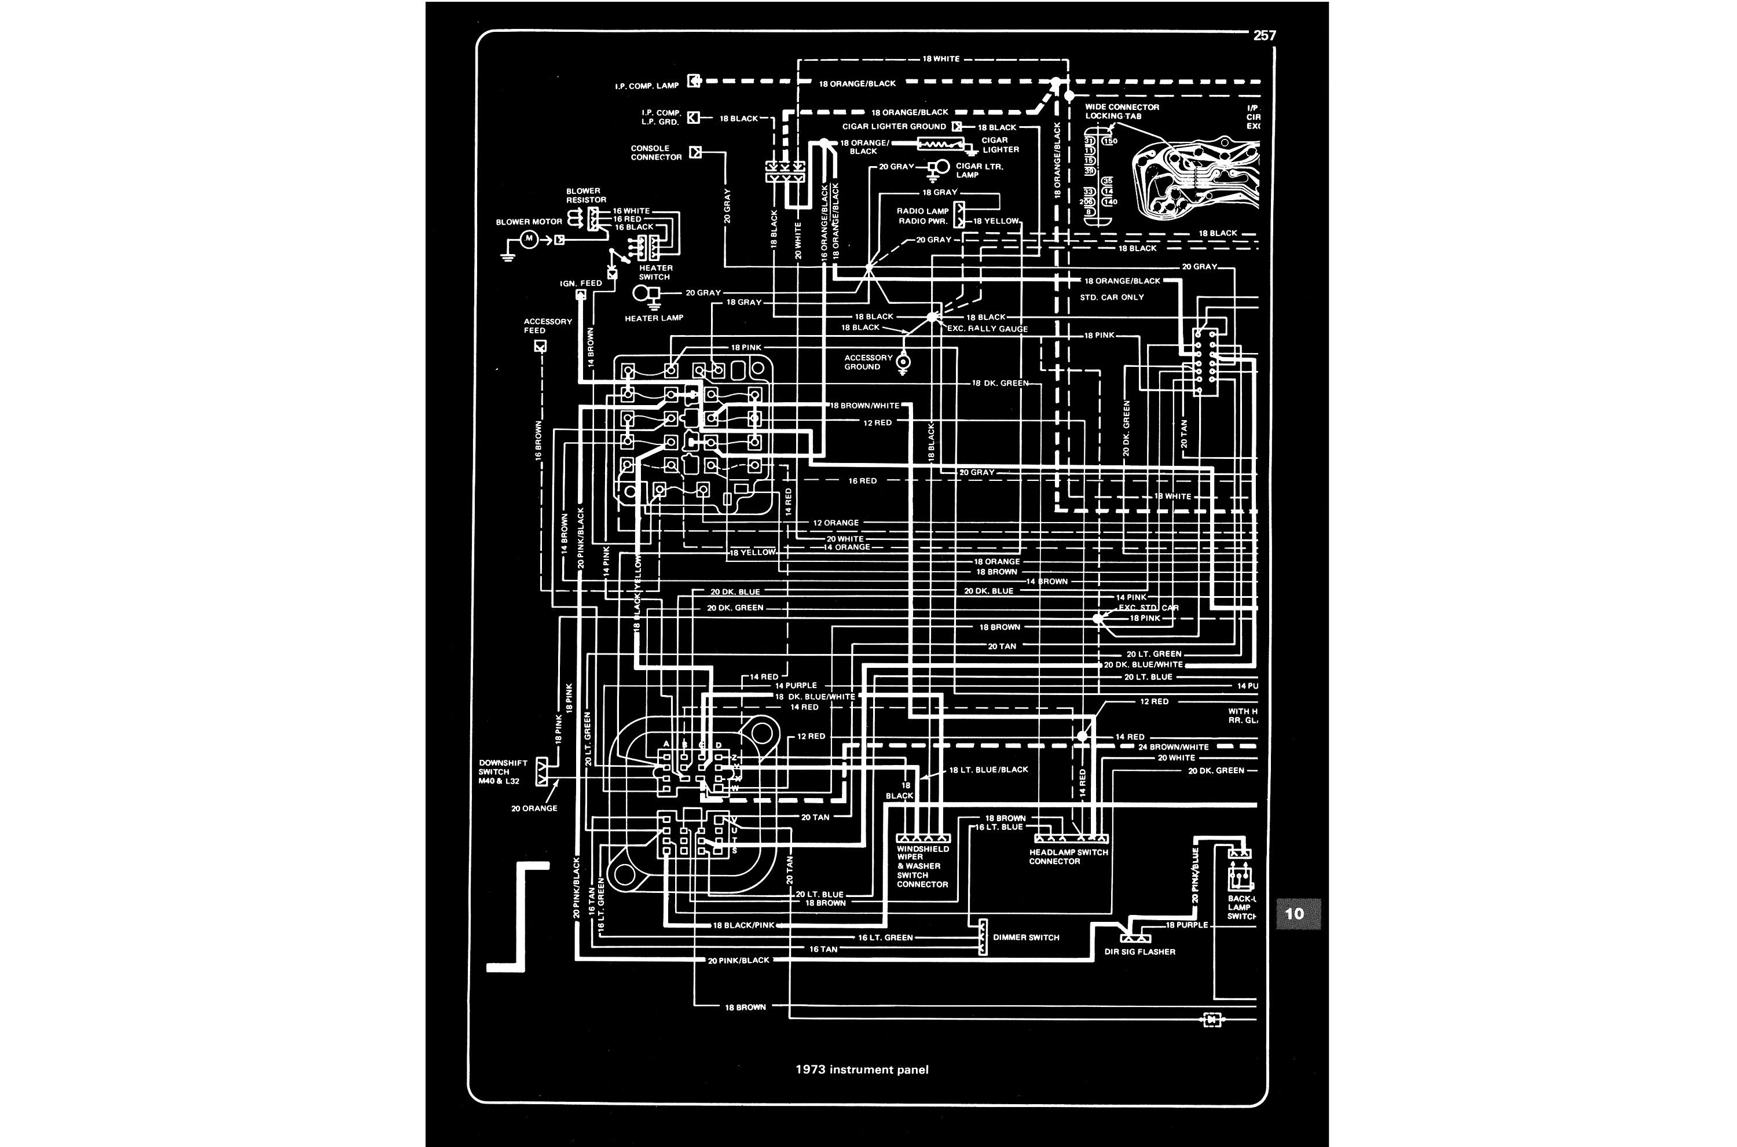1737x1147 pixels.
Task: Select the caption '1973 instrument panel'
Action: point(862,1069)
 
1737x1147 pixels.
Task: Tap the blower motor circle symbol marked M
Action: point(527,239)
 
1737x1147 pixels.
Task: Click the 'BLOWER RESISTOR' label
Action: point(586,195)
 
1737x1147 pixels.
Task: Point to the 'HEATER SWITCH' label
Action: point(655,272)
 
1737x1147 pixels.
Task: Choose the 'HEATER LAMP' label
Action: point(653,318)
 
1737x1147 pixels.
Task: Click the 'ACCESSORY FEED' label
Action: point(547,325)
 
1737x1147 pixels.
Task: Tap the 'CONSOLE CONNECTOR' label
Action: point(657,153)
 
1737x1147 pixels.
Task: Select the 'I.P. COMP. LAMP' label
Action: point(647,86)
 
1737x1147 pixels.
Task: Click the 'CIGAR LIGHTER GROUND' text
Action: point(893,127)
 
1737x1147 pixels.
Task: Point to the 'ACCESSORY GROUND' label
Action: point(868,362)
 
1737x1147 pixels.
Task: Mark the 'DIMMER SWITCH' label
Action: point(1026,937)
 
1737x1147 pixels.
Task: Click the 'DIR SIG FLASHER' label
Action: point(1139,952)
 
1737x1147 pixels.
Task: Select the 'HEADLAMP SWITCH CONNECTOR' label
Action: point(1068,856)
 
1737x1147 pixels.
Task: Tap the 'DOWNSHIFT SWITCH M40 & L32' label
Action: point(503,773)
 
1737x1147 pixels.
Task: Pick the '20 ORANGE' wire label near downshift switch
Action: point(534,808)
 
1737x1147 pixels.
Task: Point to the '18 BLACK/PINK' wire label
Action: point(743,925)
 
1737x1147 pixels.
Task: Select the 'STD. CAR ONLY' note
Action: point(1112,297)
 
